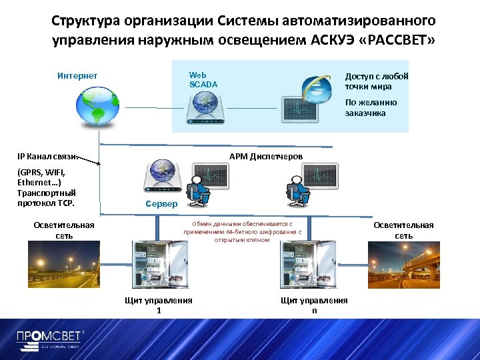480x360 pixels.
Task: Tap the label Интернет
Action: coord(77,75)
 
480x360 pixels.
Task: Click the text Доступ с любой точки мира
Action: coord(376,81)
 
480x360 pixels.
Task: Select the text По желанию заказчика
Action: coord(371,108)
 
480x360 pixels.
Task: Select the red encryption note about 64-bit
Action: coord(243,232)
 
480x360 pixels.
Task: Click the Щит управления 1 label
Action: coord(159,305)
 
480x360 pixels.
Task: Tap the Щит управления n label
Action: coord(314,305)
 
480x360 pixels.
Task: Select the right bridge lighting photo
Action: coord(404,265)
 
